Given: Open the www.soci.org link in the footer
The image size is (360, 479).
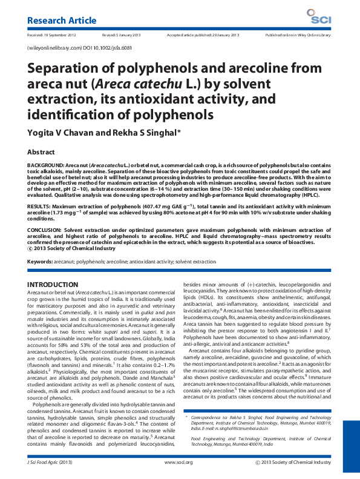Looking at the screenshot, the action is pos(178,463).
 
